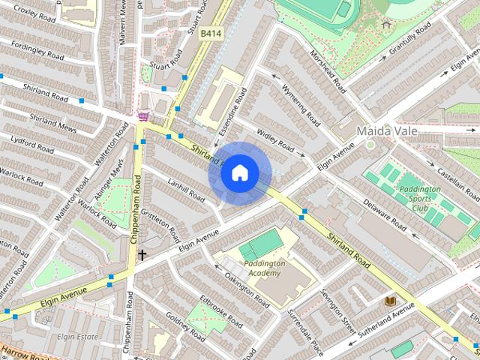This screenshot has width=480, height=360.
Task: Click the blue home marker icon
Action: point(238,173)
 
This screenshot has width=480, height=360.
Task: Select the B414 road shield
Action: point(210,34)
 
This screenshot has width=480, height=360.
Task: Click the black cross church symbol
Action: point(141,255)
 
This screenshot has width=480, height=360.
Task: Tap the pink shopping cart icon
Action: point(142,117)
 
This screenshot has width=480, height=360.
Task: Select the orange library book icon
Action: point(389,301)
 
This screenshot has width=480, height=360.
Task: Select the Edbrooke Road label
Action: point(220,313)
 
